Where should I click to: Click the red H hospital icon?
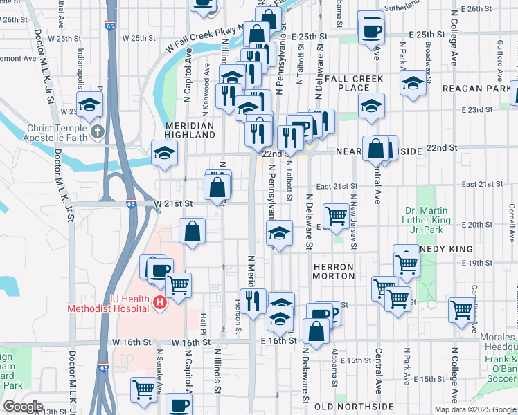click(160, 302)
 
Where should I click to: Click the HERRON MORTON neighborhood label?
click(333, 270)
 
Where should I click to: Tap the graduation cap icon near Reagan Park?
click(413, 84)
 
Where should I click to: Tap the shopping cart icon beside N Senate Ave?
click(143, 389)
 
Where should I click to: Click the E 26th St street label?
click(474, 9)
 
